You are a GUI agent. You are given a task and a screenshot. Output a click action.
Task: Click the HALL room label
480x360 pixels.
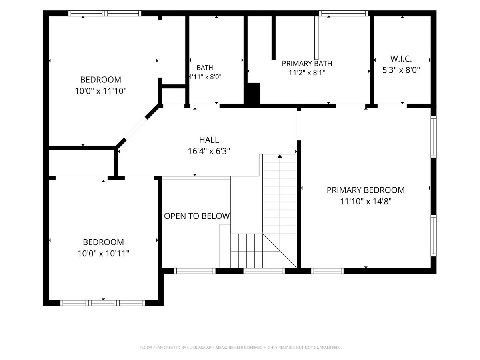point(209,140)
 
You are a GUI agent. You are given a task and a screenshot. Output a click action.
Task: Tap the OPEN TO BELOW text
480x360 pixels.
point(197,216)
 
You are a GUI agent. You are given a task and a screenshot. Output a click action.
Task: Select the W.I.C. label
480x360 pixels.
point(401,59)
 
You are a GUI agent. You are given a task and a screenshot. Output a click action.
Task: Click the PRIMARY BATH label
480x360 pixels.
point(307,63)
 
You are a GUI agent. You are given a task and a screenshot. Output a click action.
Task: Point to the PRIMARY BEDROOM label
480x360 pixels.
point(366,190)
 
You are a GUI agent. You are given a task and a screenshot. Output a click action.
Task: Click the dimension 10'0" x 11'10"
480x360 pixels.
point(101,91)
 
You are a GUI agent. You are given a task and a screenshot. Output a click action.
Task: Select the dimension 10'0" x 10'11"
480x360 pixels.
point(104,253)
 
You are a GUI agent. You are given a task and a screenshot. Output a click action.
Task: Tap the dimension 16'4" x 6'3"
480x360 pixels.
point(209,151)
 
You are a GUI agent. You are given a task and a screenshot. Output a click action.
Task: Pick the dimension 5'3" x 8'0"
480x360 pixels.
point(401,70)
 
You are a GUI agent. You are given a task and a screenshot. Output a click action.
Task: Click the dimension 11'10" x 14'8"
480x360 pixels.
point(366,201)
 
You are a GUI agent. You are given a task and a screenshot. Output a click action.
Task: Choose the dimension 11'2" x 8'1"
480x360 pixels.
point(307,72)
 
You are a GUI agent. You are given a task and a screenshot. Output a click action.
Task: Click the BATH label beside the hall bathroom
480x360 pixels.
point(205,68)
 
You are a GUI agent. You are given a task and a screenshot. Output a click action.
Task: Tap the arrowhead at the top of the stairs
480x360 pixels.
point(280,156)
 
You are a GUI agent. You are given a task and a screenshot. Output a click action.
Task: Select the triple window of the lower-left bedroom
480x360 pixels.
point(102,303)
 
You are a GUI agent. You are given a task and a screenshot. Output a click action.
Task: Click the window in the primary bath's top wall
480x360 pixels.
point(344,13)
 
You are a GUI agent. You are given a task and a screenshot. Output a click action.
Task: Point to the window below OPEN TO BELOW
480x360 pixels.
point(195,271)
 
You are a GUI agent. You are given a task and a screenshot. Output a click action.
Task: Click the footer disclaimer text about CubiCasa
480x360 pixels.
point(240,348)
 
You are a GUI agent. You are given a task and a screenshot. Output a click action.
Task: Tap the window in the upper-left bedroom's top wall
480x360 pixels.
point(105,13)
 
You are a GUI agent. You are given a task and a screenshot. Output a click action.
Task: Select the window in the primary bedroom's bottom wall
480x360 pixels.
point(327,271)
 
